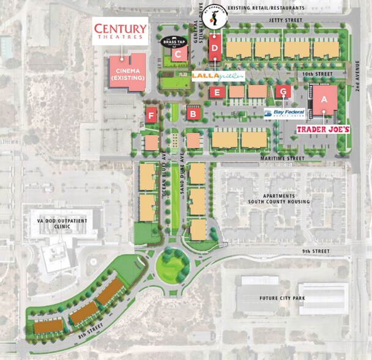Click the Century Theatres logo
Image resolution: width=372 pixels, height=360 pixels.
coord(120,31)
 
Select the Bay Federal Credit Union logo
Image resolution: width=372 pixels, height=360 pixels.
coord(285,113)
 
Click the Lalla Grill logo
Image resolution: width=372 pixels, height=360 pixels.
coord(218,76)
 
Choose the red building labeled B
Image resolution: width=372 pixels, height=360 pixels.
coord(193,113)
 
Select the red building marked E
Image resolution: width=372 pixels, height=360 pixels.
coord(216,92)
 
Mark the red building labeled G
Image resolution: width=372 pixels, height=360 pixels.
coord(282,92)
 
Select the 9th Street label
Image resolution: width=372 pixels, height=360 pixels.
coord(315,252)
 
